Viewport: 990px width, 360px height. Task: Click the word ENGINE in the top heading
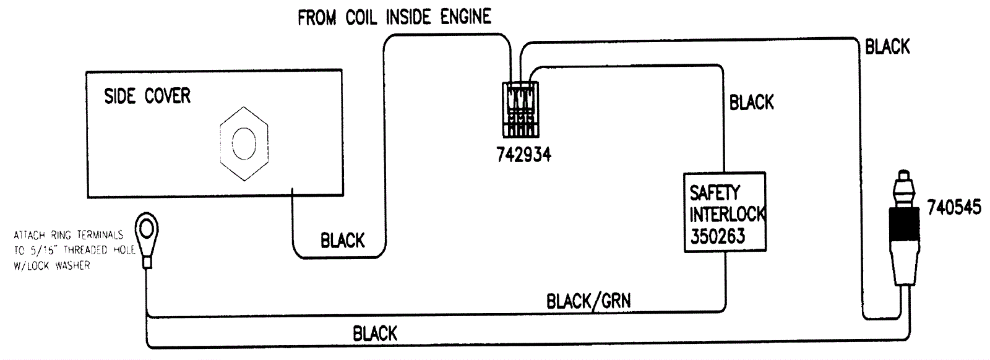(465, 17)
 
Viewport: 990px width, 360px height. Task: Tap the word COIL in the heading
(361, 17)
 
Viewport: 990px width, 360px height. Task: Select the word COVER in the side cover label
(168, 96)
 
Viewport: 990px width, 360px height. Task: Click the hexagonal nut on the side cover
(244, 144)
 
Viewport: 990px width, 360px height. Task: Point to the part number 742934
(523, 154)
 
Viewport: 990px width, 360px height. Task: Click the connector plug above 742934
(520, 109)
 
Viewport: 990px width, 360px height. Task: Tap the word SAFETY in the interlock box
(715, 192)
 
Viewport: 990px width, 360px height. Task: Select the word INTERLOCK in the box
(728, 214)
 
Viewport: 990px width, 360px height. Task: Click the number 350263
(718, 236)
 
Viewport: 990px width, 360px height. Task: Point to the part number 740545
(954, 207)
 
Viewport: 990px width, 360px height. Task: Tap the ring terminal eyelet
(147, 229)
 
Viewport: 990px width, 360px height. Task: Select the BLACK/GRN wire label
(588, 301)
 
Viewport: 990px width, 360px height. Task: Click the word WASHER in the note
(73, 265)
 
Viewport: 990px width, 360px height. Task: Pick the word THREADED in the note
(86, 250)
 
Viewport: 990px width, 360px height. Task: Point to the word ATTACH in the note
(29, 235)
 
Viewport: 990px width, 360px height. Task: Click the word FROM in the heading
(317, 17)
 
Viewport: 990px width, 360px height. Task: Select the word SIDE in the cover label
(120, 96)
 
